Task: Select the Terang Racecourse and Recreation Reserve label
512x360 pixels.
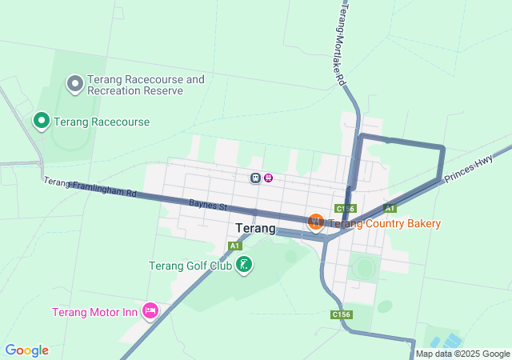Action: [146, 85]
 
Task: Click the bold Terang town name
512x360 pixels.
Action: [255, 228]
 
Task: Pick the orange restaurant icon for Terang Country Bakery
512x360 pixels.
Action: [315, 221]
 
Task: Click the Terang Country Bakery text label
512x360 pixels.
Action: [385, 223]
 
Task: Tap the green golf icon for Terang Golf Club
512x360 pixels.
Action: [244, 264]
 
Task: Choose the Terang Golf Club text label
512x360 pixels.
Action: [190, 266]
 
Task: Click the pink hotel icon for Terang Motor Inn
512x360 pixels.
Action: [150, 310]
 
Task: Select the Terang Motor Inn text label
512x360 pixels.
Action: [95, 312]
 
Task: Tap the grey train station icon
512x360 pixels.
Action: [255, 178]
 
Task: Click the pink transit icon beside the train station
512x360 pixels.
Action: [269, 178]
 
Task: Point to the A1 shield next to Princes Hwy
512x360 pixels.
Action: [390, 208]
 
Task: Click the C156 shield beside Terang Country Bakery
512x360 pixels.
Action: [346, 209]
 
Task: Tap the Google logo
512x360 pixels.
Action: [26, 350]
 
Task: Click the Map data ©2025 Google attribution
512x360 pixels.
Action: [462, 354]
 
